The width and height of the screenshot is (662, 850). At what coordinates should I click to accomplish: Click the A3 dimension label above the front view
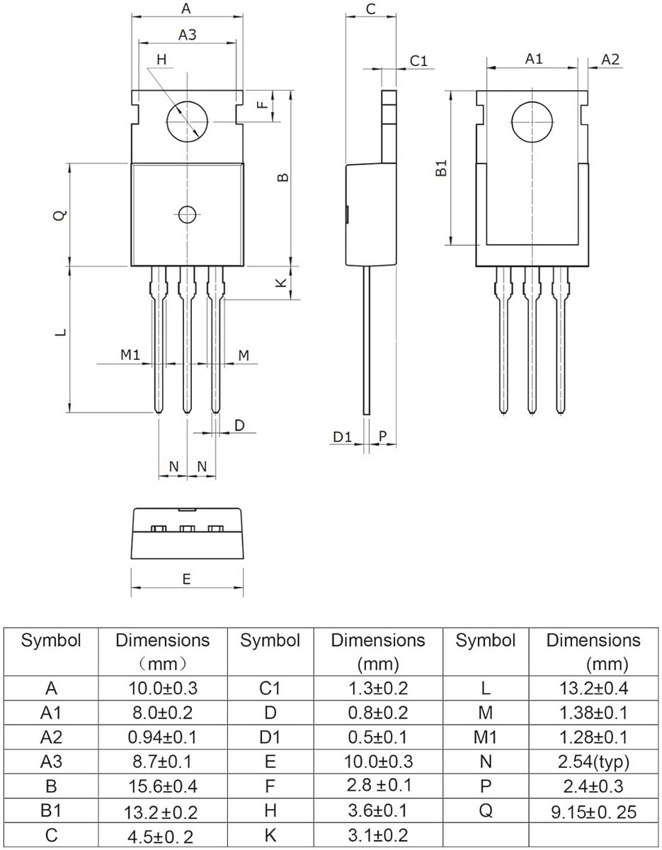(x=188, y=35)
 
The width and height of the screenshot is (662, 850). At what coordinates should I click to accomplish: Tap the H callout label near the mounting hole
(x=161, y=59)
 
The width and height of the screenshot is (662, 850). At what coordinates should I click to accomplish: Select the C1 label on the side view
(x=418, y=61)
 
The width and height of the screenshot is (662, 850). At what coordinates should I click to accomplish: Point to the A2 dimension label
(x=610, y=59)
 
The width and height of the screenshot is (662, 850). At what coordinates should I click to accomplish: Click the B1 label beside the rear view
(x=442, y=167)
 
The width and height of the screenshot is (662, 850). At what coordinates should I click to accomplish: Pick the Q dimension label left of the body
(x=60, y=215)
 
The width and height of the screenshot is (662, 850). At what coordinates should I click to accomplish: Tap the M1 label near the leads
(x=130, y=355)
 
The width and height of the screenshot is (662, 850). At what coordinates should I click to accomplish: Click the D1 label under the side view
(x=342, y=437)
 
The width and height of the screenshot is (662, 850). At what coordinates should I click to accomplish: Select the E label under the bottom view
(x=186, y=579)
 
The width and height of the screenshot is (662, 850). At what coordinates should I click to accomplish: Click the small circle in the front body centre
(x=187, y=215)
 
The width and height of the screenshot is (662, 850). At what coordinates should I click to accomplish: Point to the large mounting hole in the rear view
(x=532, y=122)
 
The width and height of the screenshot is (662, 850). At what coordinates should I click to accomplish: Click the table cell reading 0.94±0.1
(x=162, y=737)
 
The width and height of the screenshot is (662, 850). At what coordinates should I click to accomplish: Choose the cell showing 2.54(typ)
(x=593, y=761)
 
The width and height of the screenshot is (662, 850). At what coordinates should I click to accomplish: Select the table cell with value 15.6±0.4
(x=162, y=786)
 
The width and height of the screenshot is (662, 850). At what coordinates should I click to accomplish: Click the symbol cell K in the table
(x=270, y=834)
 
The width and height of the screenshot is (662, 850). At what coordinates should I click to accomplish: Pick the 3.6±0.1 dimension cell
(x=377, y=810)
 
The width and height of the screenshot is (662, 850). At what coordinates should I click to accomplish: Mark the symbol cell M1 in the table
(x=485, y=737)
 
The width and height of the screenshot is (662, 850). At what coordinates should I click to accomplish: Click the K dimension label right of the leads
(x=281, y=283)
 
